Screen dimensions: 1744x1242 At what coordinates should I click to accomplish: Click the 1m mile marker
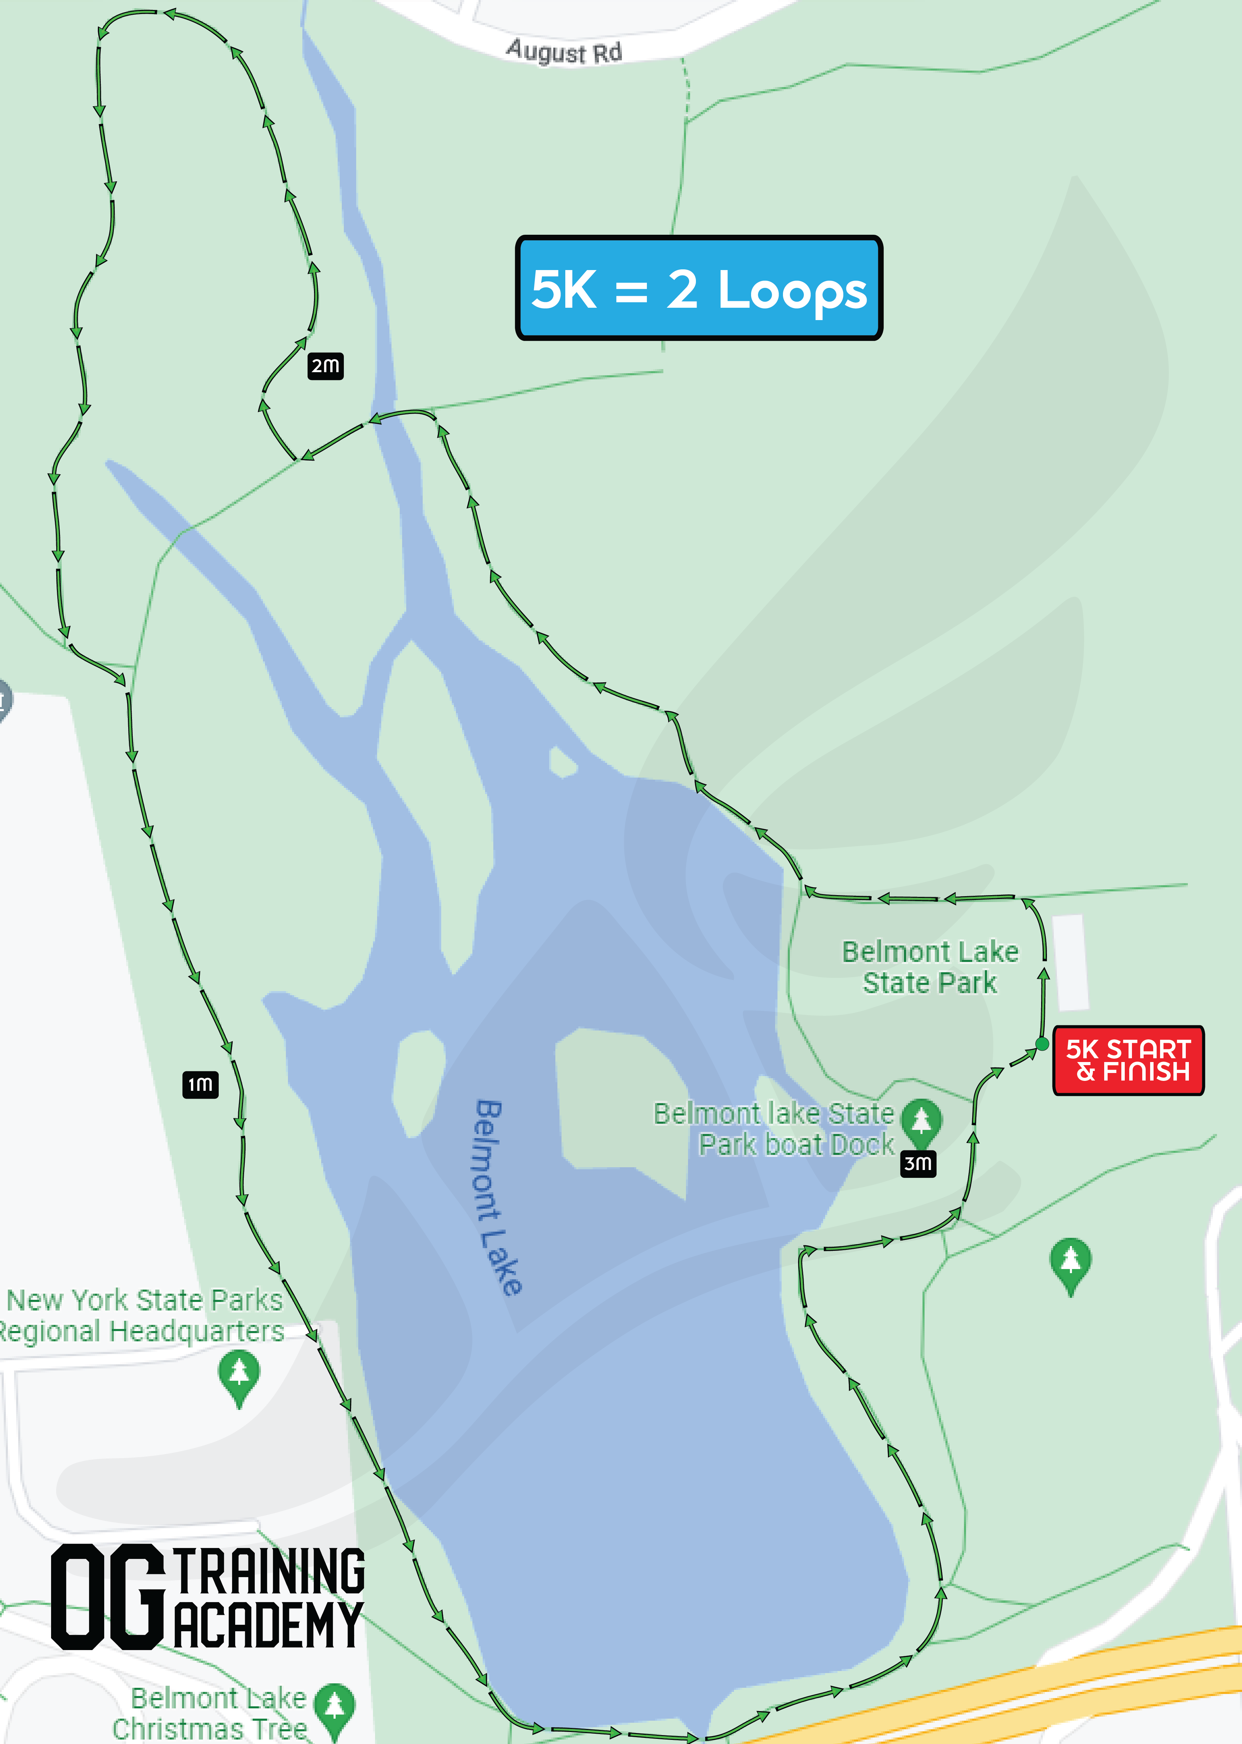pyautogui.click(x=200, y=1084)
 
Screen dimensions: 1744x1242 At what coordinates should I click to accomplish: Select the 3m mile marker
pyautogui.click(x=918, y=1164)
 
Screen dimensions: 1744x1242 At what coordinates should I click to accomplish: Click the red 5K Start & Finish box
pyautogui.click(x=1128, y=1060)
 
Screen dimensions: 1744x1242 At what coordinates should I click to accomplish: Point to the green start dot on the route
pyautogui.click(x=1042, y=1044)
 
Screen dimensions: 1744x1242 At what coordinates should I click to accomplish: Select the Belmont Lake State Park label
pyautogui.click(x=930, y=967)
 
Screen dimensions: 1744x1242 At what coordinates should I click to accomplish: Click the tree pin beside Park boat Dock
pyautogui.click(x=921, y=1121)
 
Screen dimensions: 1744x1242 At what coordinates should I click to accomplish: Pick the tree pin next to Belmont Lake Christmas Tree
pyautogui.click(x=335, y=1705)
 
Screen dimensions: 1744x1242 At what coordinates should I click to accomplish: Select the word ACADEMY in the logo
pyautogui.click(x=268, y=1625)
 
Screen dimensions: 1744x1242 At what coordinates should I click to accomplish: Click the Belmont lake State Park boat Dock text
pyautogui.click(x=774, y=1129)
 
